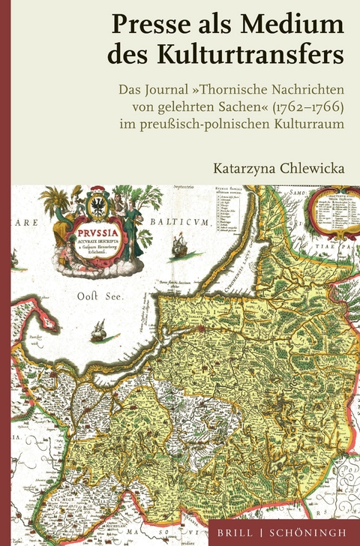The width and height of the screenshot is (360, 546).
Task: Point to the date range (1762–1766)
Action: (x=308, y=106)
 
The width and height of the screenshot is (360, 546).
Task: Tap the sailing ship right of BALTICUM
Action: (x=180, y=243)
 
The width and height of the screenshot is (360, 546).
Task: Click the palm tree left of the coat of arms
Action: (x=53, y=203)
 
